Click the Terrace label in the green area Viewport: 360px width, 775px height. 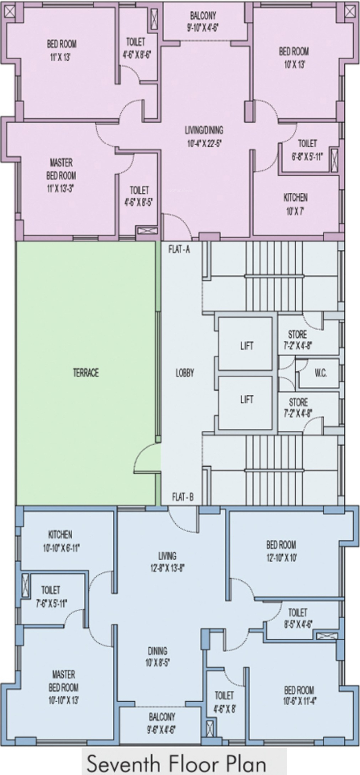click(x=86, y=372)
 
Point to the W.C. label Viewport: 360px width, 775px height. click(x=321, y=373)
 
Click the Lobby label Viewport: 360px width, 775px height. click(x=185, y=372)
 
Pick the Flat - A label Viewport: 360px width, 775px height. click(x=179, y=249)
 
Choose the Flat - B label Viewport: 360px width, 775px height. click(x=183, y=497)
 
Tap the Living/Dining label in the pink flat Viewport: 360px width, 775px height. click(x=204, y=130)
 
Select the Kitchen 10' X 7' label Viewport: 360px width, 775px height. click(x=296, y=204)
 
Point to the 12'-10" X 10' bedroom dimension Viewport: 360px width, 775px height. click(x=281, y=557)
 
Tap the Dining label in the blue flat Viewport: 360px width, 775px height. click(x=157, y=650)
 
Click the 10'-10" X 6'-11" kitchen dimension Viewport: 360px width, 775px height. click(x=60, y=547)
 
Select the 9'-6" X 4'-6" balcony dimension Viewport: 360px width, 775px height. click(x=162, y=730)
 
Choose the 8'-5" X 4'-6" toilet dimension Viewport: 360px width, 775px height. click(x=298, y=624)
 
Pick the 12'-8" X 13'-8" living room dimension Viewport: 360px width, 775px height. click(x=167, y=568)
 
